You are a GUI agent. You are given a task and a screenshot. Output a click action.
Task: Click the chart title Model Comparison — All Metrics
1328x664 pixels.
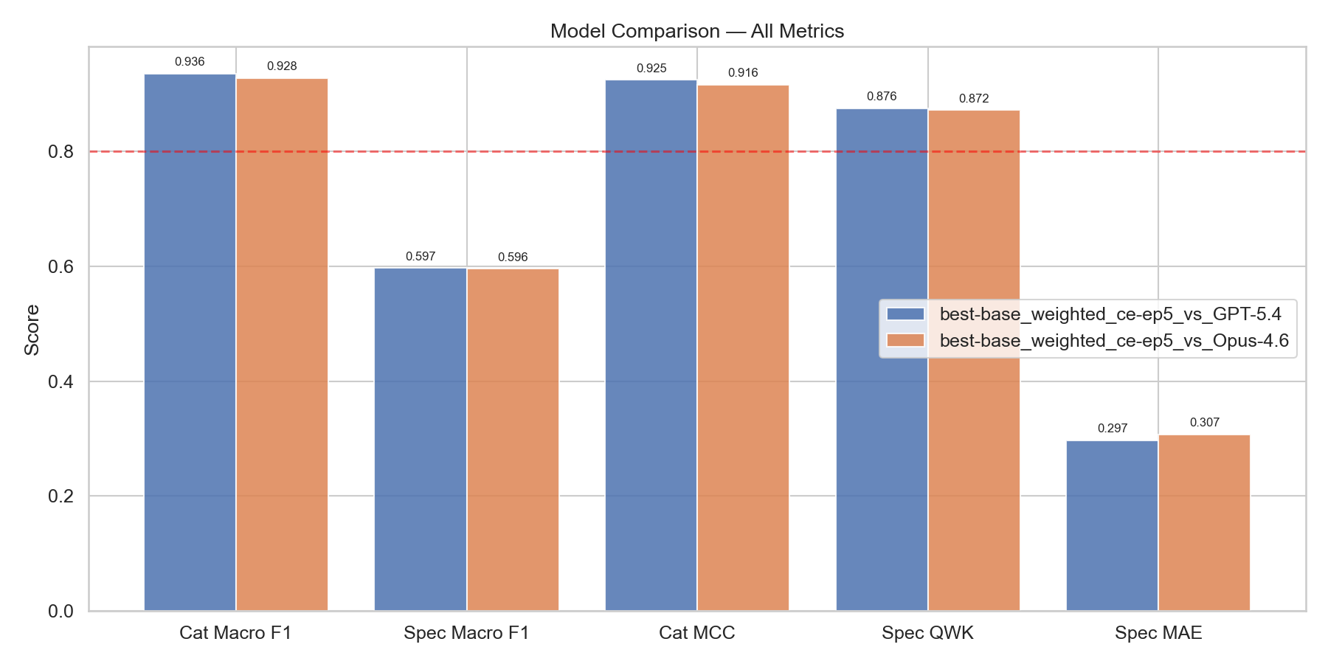696,31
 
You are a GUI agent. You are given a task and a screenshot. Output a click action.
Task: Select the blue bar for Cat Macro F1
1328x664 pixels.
190,342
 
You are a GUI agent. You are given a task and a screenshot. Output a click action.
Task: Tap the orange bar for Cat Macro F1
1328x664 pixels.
282,345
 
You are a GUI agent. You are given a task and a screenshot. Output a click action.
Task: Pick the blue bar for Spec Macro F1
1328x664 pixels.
421,439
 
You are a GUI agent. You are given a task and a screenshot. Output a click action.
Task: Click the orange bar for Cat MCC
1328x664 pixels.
743,348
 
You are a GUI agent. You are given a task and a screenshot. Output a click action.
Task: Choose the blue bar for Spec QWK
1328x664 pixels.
882,360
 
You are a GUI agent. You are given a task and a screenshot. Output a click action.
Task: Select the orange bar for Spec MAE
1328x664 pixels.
1204,522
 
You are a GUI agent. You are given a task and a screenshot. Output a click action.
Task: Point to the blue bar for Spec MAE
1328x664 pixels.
1112,525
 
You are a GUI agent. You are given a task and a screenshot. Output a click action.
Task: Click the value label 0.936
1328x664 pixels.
190,62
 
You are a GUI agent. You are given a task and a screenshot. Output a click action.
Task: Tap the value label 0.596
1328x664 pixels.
513,257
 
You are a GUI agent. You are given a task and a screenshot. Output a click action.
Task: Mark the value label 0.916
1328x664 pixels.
743,73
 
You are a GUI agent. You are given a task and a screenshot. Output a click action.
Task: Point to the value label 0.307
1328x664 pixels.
1204,423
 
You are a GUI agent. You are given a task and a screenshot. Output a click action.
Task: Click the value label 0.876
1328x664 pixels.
882,97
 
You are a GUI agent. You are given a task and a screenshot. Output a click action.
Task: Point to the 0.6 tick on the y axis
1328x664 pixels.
61,266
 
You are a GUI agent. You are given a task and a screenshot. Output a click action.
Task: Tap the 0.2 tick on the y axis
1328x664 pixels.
61,497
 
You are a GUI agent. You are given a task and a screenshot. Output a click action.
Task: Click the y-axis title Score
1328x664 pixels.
32,330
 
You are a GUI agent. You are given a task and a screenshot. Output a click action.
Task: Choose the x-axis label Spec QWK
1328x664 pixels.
927,633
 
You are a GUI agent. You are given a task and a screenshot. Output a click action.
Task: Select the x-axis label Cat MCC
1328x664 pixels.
696,633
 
